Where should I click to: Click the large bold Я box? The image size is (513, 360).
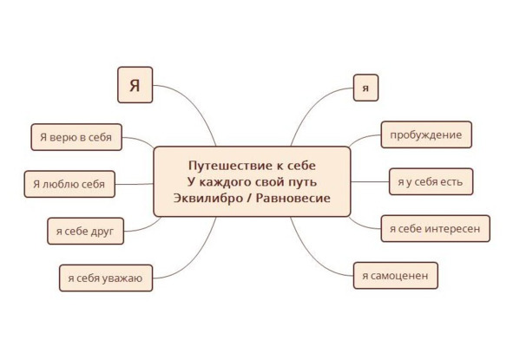tap(135, 85)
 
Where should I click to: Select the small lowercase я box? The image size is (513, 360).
tap(365, 88)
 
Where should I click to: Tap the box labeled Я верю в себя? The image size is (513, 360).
tap(76, 137)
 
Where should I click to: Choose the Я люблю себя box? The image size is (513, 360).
tap(69, 184)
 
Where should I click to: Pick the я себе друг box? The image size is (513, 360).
tap(86, 231)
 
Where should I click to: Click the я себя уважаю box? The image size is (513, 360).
tap(106, 278)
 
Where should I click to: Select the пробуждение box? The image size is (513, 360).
tap(426, 134)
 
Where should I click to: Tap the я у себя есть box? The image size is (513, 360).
tap(431, 182)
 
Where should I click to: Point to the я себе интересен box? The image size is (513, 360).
tap(436, 228)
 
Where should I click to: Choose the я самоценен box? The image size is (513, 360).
tap(396, 276)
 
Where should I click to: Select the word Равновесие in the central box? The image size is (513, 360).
tap(293, 198)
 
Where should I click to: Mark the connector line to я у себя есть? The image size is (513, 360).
tap(370, 182)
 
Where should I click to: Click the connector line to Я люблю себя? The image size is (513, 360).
tap(135, 184)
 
